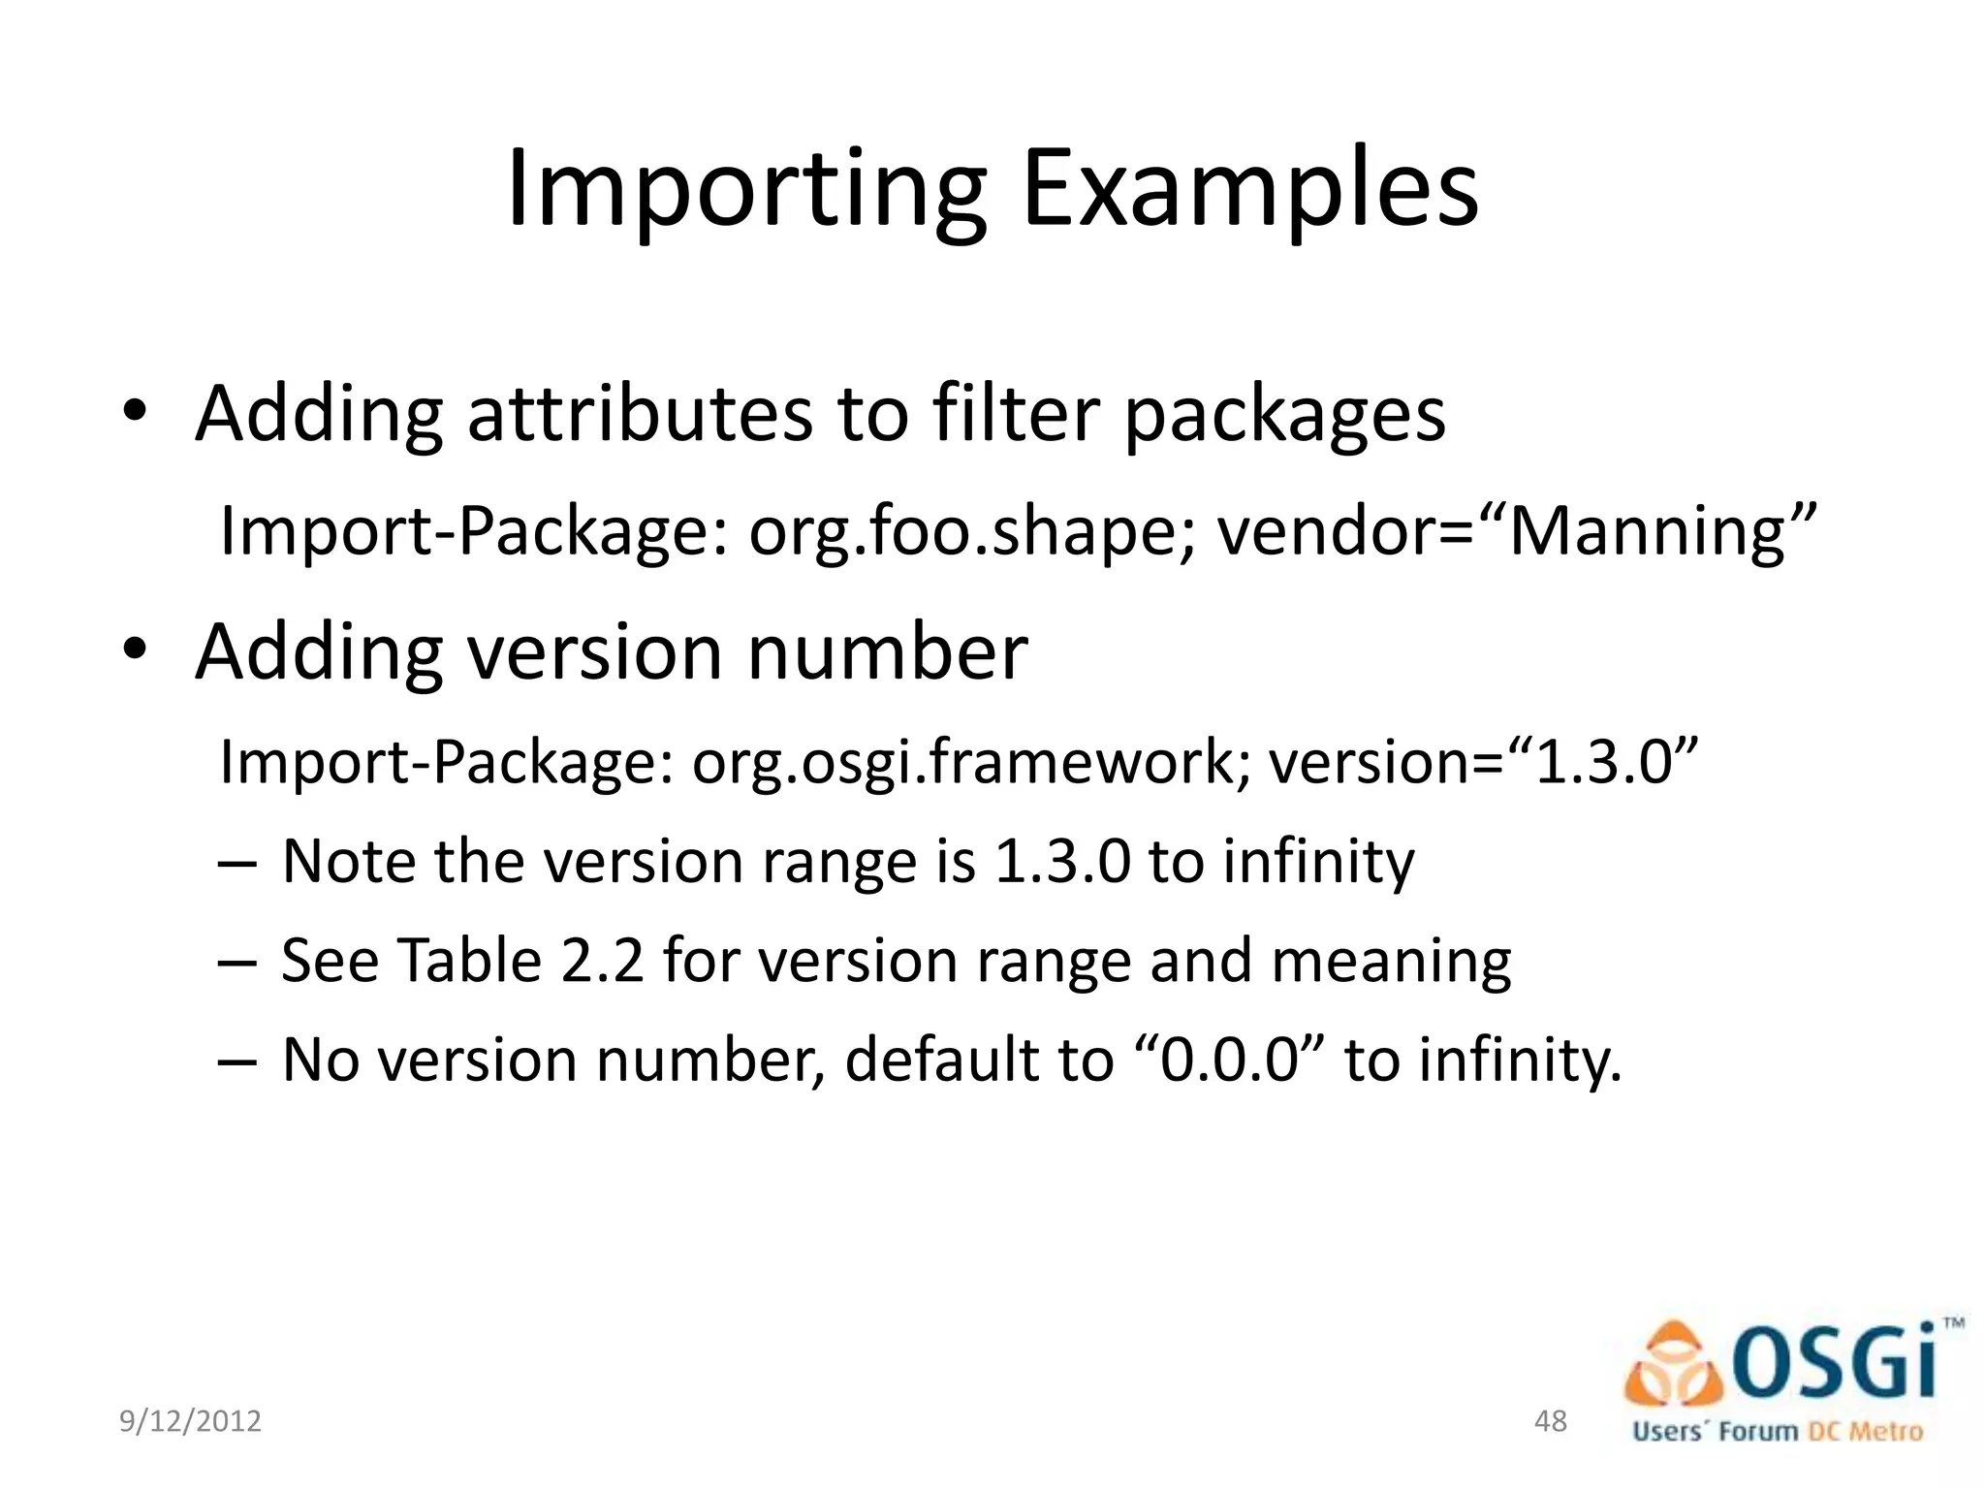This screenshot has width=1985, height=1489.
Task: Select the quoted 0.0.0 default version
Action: click(x=1228, y=1060)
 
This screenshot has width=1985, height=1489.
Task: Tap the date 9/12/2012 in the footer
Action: click(x=190, y=1421)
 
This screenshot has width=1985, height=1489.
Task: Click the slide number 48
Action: click(x=1551, y=1421)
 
